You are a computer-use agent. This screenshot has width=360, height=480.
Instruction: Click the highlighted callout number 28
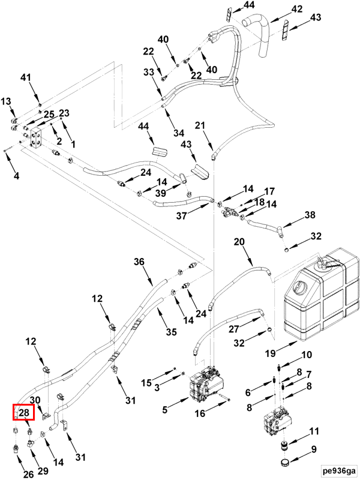[23, 412]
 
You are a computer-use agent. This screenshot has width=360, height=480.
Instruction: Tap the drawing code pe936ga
[338, 469]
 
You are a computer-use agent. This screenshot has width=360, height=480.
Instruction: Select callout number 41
[25, 77]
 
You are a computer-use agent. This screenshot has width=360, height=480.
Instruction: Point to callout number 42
[296, 9]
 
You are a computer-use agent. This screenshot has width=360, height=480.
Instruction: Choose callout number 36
[139, 262]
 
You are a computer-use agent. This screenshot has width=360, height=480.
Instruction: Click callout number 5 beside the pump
[164, 410]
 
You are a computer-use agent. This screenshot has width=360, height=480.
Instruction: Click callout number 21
[200, 125]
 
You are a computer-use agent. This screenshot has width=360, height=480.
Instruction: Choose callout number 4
[16, 176]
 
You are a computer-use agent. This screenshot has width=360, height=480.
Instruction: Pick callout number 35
[171, 332]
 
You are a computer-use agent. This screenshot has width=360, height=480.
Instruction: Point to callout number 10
[306, 355]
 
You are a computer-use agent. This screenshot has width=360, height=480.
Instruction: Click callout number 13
[5, 101]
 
